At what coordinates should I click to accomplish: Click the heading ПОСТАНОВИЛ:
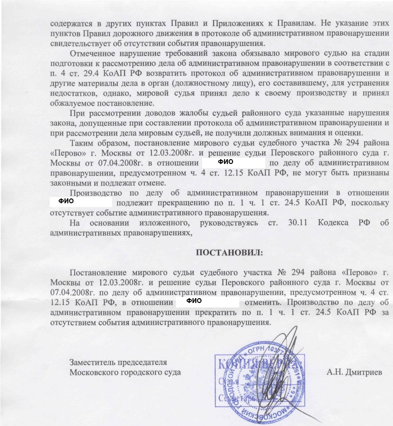click(229, 253)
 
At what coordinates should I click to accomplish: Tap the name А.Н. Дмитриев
click(354, 372)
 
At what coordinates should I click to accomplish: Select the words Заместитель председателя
click(118, 362)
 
